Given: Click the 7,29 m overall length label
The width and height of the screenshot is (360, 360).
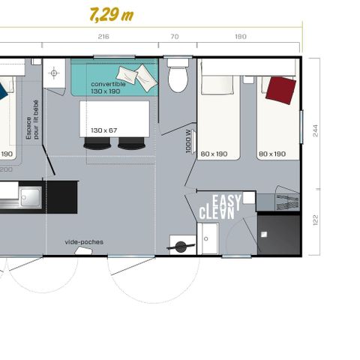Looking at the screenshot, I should [x=111, y=14].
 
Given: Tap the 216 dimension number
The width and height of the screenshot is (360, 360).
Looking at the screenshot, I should [x=103, y=37].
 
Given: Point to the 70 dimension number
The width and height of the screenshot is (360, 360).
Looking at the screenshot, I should [x=174, y=37].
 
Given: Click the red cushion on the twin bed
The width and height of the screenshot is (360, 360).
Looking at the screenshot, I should [x=280, y=90].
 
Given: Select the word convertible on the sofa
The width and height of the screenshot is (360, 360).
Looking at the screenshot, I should [x=108, y=84].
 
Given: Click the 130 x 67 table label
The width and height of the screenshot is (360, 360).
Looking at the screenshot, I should [x=105, y=130].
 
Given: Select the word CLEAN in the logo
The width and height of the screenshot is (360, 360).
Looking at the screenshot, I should [x=216, y=213].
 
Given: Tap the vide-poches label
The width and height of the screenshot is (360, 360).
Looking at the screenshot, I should [x=84, y=241].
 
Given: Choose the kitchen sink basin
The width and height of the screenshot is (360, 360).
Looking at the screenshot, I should [x=30, y=196].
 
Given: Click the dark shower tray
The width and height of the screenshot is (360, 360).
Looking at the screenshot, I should [x=278, y=234].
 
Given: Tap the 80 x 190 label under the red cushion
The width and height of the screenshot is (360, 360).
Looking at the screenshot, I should [x=272, y=154].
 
